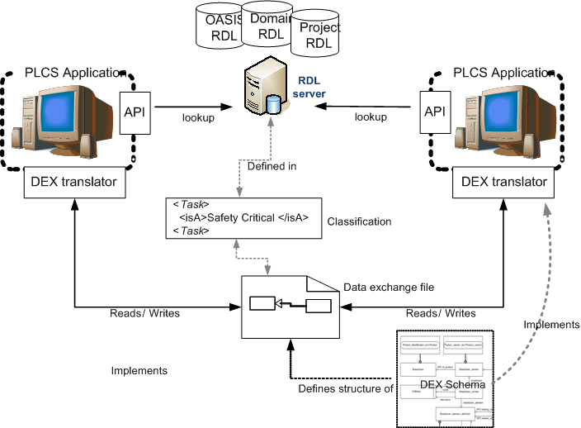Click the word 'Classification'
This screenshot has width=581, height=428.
(x=359, y=221)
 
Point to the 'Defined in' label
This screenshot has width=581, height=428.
(x=272, y=166)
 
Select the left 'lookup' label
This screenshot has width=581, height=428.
(x=198, y=117)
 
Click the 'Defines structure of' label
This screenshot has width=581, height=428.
(x=346, y=386)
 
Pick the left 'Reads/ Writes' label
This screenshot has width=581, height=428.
(x=145, y=313)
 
